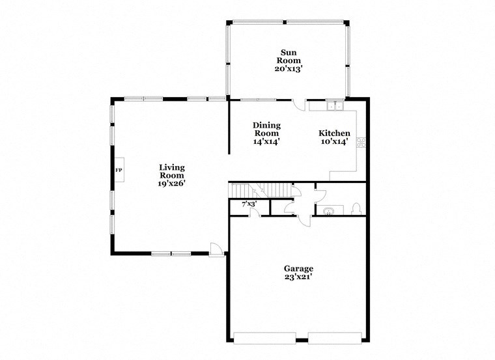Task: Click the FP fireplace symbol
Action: click(x=119, y=170)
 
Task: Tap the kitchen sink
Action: click(x=335, y=105)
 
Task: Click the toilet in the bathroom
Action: click(x=356, y=208)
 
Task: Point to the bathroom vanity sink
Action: click(x=327, y=210)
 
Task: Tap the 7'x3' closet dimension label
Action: click(x=249, y=204)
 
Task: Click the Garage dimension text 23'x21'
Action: click(x=298, y=277)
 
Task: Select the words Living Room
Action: click(x=172, y=171)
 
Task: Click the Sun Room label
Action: click(x=288, y=57)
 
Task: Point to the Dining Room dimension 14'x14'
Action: click(x=266, y=141)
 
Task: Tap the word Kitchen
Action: click(x=334, y=133)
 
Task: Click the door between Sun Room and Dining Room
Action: click(x=299, y=104)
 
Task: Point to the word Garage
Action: click(x=298, y=268)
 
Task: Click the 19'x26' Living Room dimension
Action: click(x=172, y=184)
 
